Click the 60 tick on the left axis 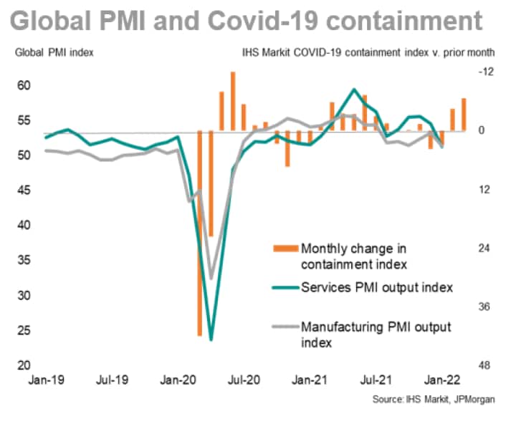[27, 86]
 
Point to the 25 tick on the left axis [27, 331]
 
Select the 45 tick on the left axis [27, 191]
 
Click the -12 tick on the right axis [486, 72]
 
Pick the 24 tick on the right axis [486, 249]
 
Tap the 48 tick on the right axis [486, 366]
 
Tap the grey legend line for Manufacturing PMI [285, 327]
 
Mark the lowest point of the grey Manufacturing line [211, 278]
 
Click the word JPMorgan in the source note [473, 399]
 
